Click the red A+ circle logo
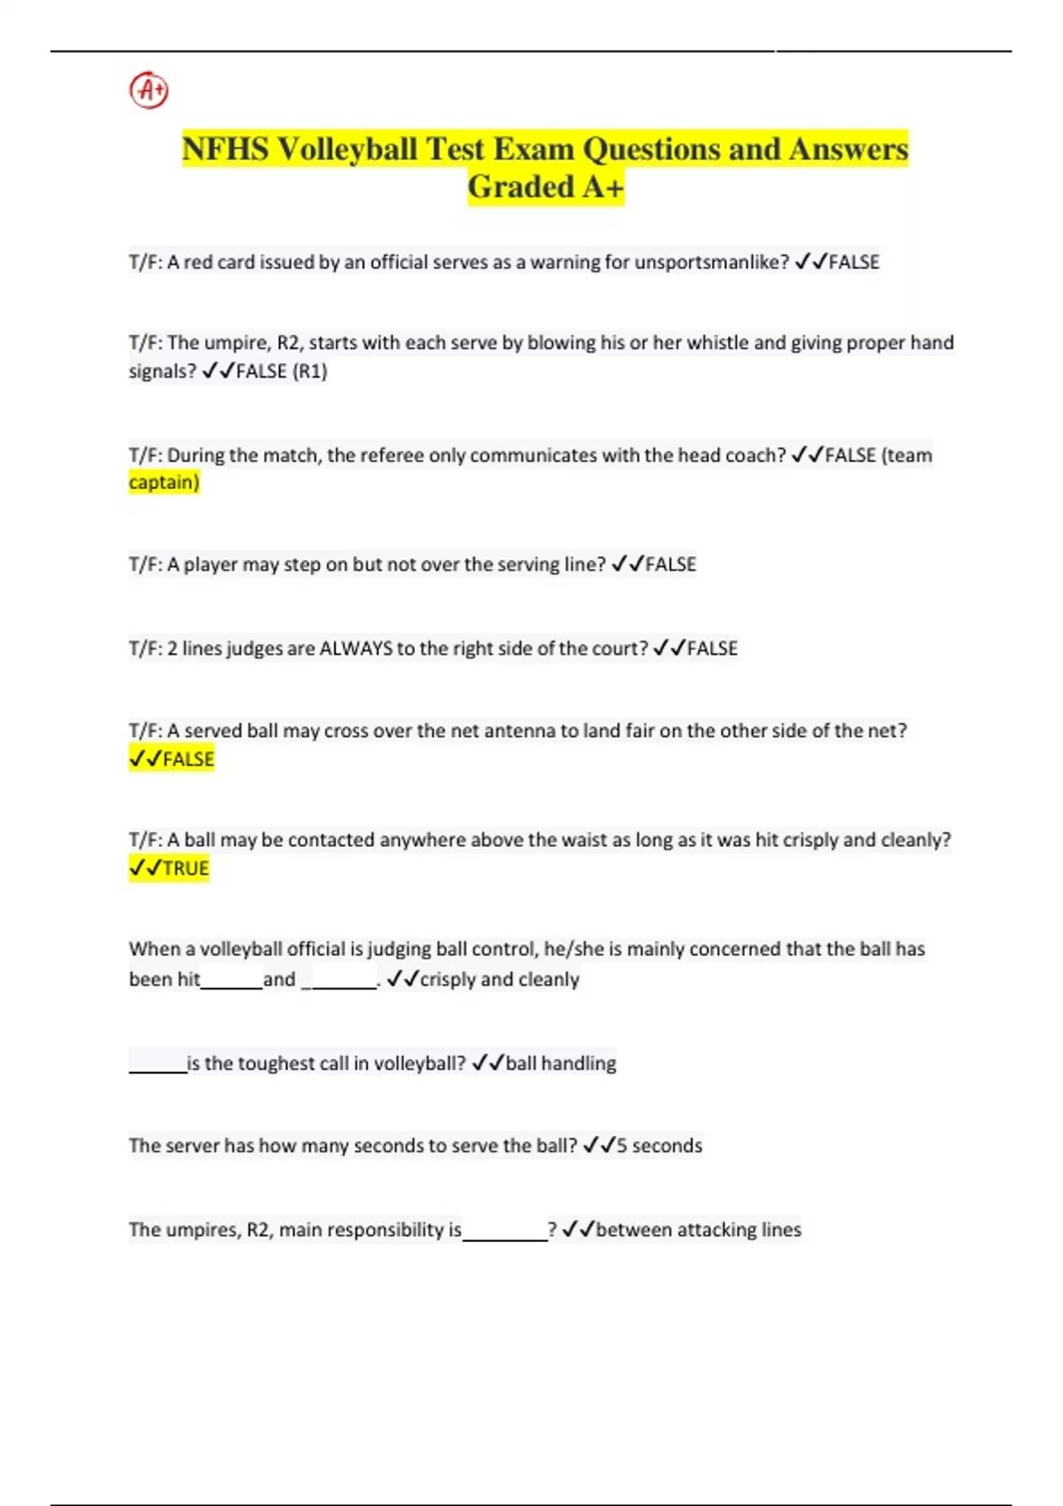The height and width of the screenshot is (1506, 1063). click(x=149, y=90)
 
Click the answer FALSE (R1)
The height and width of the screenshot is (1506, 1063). click(x=281, y=371)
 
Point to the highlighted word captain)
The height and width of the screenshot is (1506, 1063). click(x=164, y=483)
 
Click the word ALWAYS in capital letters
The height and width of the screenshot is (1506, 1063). click(x=355, y=648)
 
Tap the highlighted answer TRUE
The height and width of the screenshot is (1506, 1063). click(x=185, y=868)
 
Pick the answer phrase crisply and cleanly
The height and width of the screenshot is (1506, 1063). click(x=499, y=980)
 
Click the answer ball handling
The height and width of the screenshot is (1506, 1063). click(x=560, y=1063)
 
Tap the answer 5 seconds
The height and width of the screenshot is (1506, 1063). click(x=658, y=1145)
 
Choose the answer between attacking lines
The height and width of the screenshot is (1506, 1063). click(x=698, y=1230)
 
